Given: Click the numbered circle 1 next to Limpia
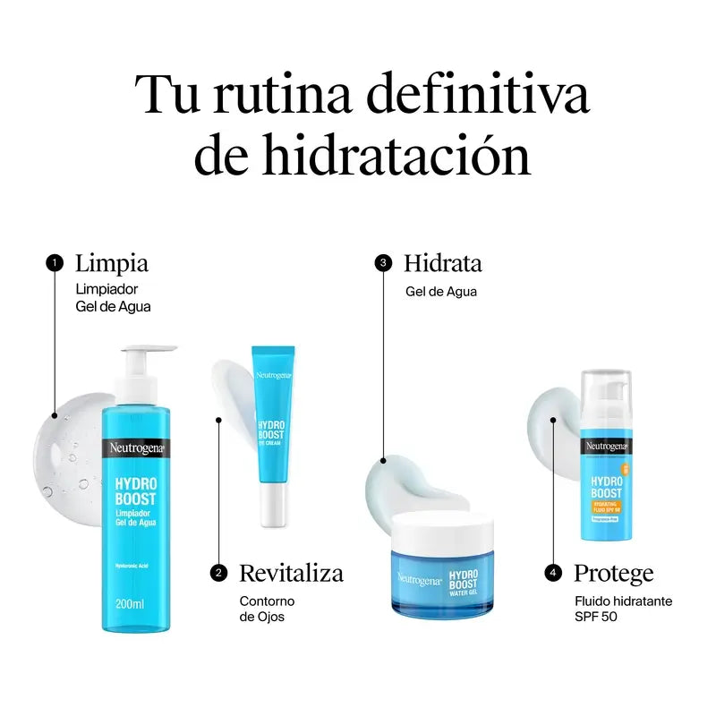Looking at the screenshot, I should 55,263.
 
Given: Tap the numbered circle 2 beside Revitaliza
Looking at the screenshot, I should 218,573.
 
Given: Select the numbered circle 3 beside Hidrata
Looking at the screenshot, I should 383,263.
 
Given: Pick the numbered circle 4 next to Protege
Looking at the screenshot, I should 554,573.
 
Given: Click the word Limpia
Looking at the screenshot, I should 112,263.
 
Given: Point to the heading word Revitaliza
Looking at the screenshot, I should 291,573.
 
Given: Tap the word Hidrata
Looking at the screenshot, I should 442,263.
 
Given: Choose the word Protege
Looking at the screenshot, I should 613,573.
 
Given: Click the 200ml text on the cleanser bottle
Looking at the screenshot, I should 130,604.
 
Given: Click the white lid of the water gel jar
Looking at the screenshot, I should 442,530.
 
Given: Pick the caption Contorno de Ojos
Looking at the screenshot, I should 266,609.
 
